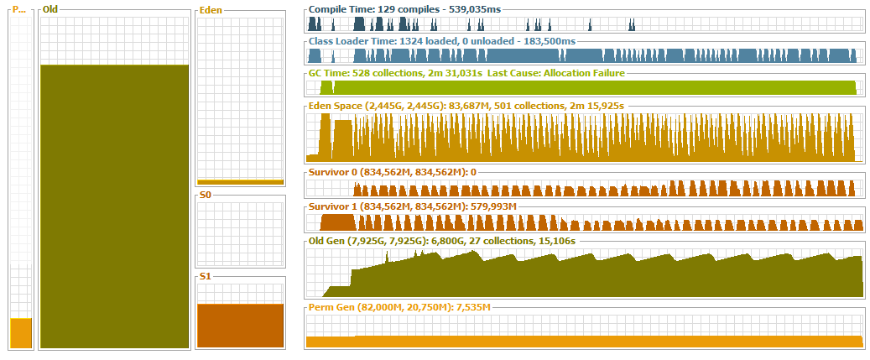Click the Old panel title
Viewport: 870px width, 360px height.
click(51, 10)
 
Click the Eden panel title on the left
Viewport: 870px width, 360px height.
click(211, 12)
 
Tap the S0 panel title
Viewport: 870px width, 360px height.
click(205, 196)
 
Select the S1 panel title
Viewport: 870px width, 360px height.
click(205, 277)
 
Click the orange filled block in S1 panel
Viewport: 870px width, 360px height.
click(240, 325)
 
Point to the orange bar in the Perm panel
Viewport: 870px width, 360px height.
click(21, 333)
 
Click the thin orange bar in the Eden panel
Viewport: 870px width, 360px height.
click(240, 181)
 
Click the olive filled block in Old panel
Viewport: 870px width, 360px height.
click(114, 206)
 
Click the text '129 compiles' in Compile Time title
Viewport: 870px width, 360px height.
click(399, 9)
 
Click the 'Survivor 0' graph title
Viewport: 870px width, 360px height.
click(332, 172)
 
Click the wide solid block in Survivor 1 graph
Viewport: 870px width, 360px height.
click(338, 223)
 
